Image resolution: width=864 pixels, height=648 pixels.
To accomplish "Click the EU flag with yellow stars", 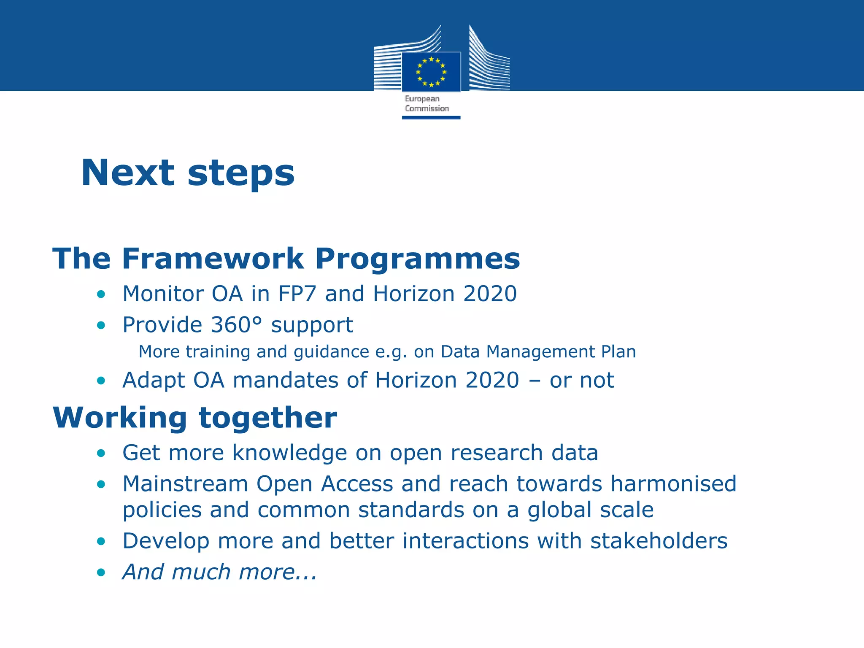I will coord(431,72).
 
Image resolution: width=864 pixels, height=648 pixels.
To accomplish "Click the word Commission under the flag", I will coord(427,108).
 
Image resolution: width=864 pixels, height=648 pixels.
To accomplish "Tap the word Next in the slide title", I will coord(127,173).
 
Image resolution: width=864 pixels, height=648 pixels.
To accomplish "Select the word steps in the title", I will coord(241,173).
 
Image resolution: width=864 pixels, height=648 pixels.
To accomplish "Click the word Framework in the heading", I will coord(213,259).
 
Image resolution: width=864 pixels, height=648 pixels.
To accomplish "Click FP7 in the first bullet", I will coord(297,294).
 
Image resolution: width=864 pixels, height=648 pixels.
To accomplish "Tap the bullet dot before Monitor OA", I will coord(101,294).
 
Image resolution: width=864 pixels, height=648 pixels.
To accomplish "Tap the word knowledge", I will coord(290,453).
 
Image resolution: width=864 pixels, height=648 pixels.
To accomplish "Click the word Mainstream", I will coord(185,484).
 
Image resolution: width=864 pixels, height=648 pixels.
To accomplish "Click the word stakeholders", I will coord(659,541).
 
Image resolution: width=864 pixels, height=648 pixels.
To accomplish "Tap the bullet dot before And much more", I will coord(101,573).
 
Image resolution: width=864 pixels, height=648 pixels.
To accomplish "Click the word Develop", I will coord(166,542).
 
